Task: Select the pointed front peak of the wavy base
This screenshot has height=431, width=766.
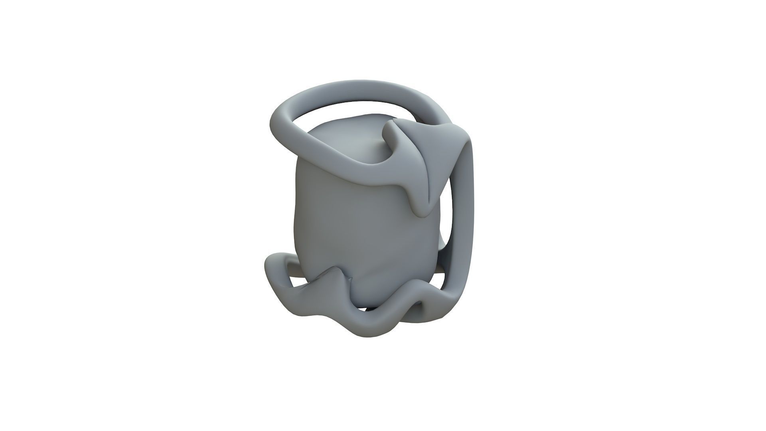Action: (x=333, y=274)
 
